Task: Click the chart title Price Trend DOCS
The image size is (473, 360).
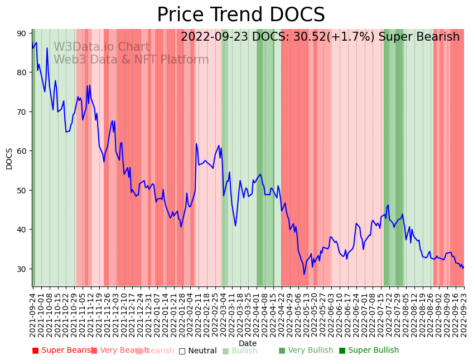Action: (240, 15)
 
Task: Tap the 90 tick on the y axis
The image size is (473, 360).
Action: (21, 33)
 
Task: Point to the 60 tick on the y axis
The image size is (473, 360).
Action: (21, 151)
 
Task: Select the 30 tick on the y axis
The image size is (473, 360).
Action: (21, 269)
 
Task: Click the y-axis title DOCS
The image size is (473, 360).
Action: (9, 158)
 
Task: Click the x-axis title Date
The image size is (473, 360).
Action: (248, 343)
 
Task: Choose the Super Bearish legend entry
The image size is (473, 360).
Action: (62, 351)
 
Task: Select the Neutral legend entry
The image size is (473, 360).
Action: (197, 351)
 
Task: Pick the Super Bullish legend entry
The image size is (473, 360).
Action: (369, 351)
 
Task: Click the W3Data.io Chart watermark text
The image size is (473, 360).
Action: (102, 47)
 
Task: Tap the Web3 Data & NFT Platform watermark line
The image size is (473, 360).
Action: (131, 60)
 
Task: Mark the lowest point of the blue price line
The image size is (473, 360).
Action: (305, 274)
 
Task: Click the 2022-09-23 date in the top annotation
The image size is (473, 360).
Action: (212, 37)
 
